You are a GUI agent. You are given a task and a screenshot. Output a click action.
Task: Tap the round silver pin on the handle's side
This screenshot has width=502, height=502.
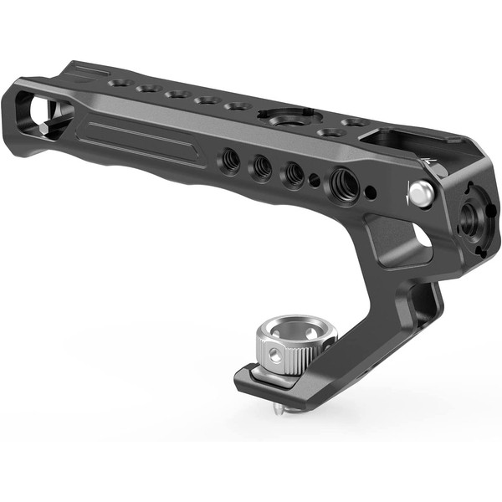click(x=420, y=194)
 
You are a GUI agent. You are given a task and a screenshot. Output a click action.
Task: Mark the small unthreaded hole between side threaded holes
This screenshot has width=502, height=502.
click(x=315, y=177)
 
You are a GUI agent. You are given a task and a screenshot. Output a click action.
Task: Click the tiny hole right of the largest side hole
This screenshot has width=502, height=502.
click(x=369, y=189)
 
